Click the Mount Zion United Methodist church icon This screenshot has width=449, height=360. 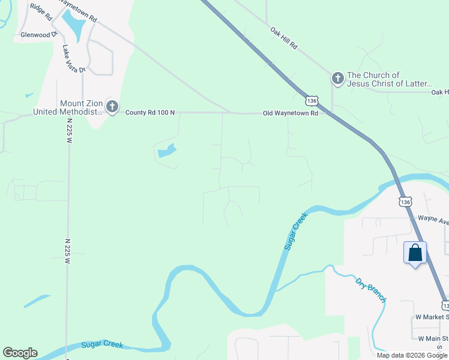tap(112, 106)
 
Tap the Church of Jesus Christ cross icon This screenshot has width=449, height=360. tap(337, 79)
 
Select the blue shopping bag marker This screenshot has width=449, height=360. tap(415, 253)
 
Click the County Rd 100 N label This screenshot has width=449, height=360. tap(149, 112)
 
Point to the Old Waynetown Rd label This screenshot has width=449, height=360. tap(290, 113)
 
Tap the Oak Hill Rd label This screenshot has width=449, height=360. tap(284, 38)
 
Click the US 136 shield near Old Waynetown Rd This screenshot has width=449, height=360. tap(310, 100)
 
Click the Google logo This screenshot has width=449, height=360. tap(20, 353)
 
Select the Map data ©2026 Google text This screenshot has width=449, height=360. tap(412, 355)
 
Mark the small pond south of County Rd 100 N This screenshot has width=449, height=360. tap(167, 151)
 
